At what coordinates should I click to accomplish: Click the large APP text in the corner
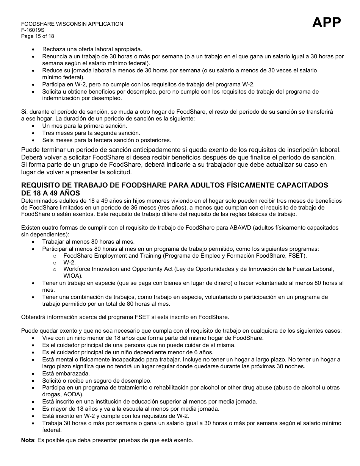(326, 23)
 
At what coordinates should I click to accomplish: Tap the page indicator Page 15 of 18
(38, 36)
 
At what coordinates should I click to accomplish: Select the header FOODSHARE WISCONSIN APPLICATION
(72, 24)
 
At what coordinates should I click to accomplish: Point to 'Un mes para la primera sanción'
(85, 126)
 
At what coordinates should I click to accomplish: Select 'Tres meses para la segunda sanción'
(91, 133)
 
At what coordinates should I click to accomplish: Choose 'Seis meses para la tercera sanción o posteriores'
(106, 140)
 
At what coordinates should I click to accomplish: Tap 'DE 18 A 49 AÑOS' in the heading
(50, 193)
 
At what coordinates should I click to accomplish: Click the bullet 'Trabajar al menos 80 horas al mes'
(88, 242)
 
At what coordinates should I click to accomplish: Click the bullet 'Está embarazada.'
(66, 374)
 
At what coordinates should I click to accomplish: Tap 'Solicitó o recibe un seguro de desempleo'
(97, 381)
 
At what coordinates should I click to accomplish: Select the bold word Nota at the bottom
(27, 441)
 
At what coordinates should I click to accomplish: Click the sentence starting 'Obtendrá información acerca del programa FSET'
(125, 317)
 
